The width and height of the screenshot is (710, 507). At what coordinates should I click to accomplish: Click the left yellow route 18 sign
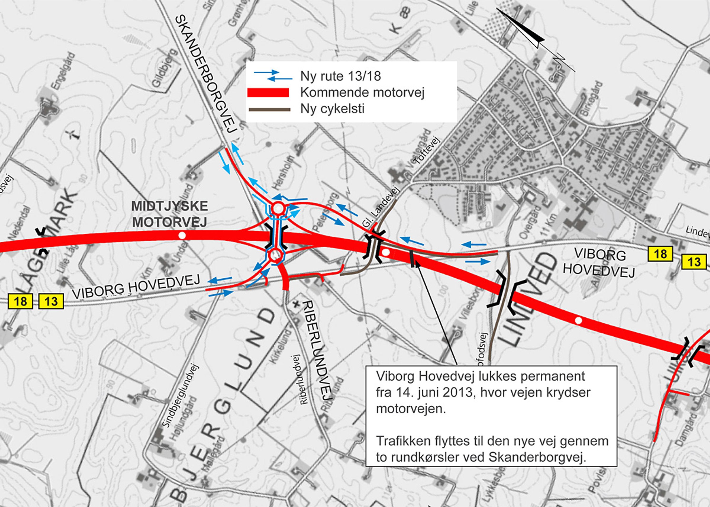[20, 301]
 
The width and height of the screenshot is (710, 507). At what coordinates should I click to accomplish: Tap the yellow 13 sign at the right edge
[694, 262]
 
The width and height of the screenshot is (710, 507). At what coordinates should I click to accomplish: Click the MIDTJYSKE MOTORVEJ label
[169, 214]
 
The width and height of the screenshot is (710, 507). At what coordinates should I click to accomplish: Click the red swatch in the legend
[268, 93]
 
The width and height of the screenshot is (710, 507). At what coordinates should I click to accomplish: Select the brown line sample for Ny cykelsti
[269, 110]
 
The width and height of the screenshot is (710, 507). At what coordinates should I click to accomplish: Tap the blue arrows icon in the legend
[273, 76]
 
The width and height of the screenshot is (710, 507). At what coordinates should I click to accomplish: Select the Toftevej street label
[426, 151]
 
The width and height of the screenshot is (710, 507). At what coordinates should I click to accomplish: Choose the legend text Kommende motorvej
[362, 93]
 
